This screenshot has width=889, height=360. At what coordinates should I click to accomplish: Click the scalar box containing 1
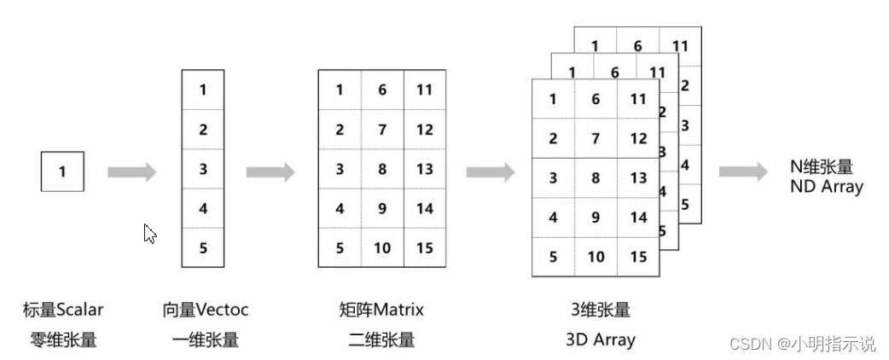point(62,171)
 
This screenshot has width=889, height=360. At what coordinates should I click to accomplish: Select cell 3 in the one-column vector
point(203,169)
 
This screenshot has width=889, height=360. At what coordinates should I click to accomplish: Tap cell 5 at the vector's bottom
point(203,247)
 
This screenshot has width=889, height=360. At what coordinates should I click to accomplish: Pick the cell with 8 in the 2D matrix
point(381,169)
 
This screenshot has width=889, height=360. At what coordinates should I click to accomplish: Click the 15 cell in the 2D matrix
point(424,248)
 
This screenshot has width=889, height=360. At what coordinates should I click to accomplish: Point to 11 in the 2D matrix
point(424,90)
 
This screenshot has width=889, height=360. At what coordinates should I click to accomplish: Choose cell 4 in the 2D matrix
point(340,208)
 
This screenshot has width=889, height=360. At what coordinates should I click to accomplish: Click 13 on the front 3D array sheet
point(638,178)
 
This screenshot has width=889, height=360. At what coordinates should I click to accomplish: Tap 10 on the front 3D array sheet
point(596,257)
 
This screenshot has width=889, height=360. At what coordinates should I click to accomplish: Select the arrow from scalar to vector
point(132,172)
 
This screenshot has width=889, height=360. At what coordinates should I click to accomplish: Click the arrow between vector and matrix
point(270,172)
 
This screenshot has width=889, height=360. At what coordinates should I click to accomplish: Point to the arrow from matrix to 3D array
point(491,172)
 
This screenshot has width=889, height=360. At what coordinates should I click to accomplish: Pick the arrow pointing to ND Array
point(743,172)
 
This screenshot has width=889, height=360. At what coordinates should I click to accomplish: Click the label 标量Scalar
point(62,310)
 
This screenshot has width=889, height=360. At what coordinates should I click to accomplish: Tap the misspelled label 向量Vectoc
point(206,310)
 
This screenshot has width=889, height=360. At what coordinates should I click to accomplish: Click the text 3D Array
point(600,340)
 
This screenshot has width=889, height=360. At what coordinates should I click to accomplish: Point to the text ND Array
point(827,186)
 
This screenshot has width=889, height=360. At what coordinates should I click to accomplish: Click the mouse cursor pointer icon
point(150,233)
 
